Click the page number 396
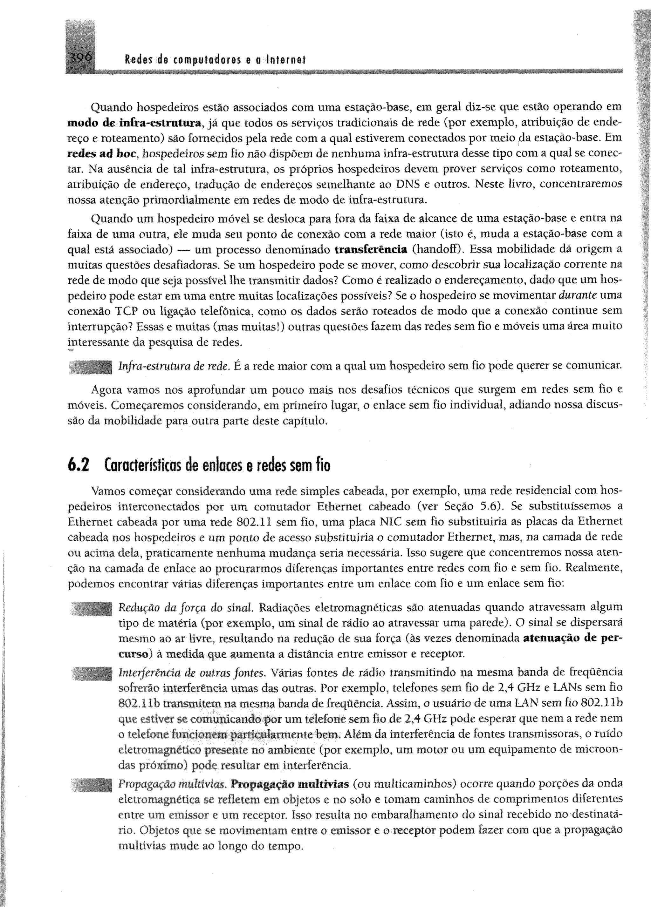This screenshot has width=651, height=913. (x=80, y=58)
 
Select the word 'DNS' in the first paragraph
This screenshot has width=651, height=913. (x=407, y=185)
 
